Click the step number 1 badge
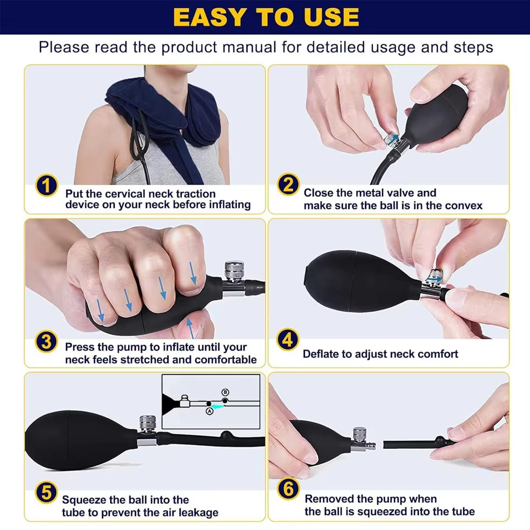(47, 186)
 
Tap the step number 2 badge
(288, 186)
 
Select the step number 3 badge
(47, 341)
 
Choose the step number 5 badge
(47, 493)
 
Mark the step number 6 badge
(288, 489)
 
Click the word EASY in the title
(210, 17)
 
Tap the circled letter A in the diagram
(209, 411)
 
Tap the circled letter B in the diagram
(225, 392)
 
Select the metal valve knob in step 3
(232, 270)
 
